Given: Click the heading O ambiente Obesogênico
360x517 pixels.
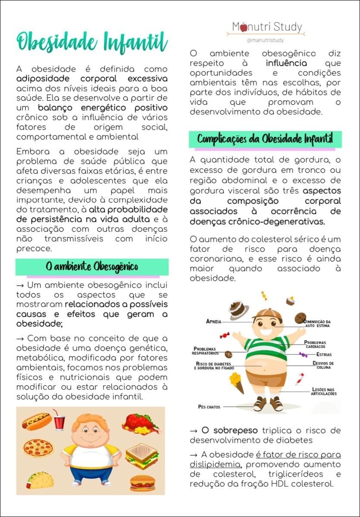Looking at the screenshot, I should coord(92,267).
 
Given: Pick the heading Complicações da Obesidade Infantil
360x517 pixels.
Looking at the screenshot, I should coord(265,140).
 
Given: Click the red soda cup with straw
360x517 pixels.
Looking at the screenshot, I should coord(59,420).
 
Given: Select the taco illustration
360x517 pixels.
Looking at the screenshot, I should coord(40,479).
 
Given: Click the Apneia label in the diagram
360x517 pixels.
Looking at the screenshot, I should coord(214,321).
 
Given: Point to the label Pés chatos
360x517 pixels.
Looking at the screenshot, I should coord(209,406).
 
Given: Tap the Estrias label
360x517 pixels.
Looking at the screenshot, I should coord(324,355).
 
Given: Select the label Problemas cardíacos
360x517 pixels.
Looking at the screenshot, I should coord(315,344).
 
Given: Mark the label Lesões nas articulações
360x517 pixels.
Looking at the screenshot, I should coord(324,391).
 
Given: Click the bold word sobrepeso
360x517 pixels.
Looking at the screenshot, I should coord(236,430).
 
